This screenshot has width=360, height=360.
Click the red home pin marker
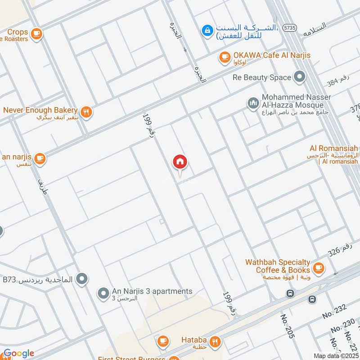coord(180,162)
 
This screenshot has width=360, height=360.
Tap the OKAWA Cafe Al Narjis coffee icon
coord(224,57)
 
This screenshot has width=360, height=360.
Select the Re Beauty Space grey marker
coord(299,77)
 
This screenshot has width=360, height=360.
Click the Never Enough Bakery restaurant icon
coord(86,112)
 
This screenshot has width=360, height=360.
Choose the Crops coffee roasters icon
coord(36,33)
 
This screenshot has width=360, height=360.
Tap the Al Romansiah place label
coord(334,148)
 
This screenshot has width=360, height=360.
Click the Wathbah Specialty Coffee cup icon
coord(318,267)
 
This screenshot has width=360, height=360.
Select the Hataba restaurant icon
coord(216,341)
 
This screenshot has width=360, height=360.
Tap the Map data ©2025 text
coord(335,355)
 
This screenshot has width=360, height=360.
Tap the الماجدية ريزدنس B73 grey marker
coord(81,279)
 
